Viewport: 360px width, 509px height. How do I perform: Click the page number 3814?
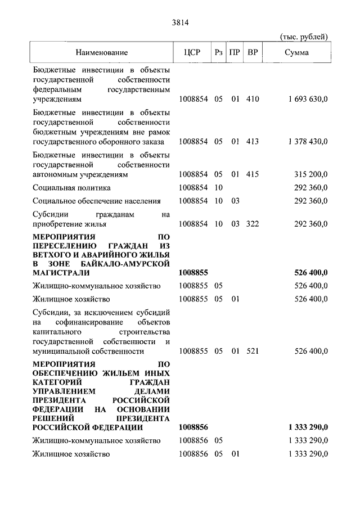179,23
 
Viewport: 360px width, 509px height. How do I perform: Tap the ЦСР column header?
192,53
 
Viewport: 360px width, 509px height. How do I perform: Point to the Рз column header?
219,53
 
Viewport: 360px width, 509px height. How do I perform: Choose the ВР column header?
253,53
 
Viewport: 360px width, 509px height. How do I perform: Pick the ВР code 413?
253,142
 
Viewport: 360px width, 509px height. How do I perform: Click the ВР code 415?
253,174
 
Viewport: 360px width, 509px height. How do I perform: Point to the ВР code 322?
253,224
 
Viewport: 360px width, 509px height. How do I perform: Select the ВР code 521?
253,352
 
